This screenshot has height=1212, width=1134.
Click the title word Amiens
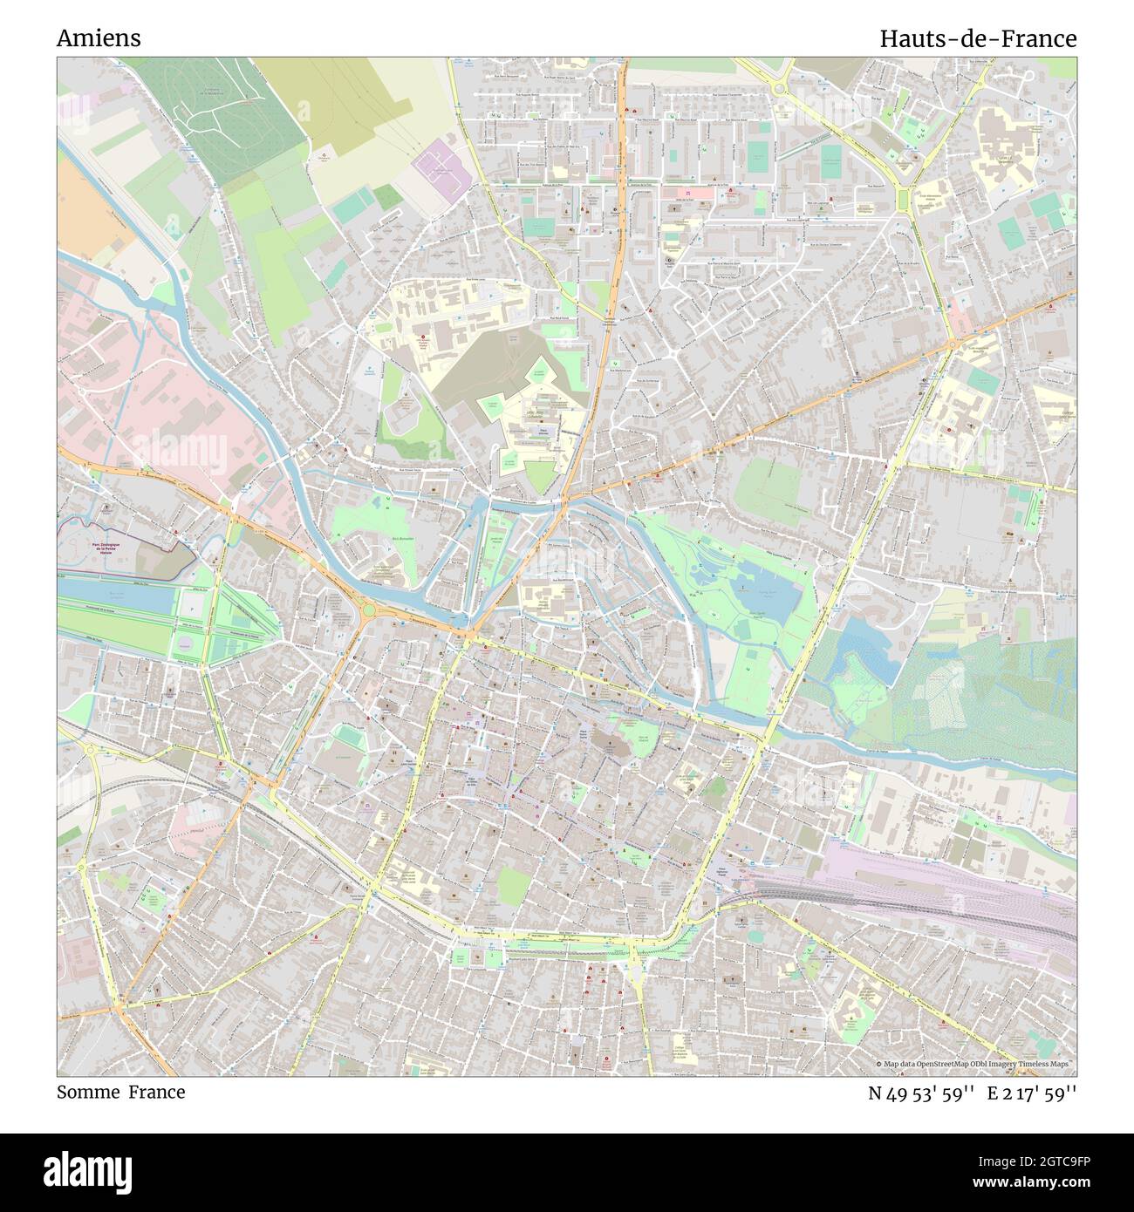[99, 38]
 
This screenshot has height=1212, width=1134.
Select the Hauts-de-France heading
[977, 38]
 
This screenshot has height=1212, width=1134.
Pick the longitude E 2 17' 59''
[1032, 1093]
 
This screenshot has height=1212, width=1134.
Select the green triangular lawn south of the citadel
[539, 476]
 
